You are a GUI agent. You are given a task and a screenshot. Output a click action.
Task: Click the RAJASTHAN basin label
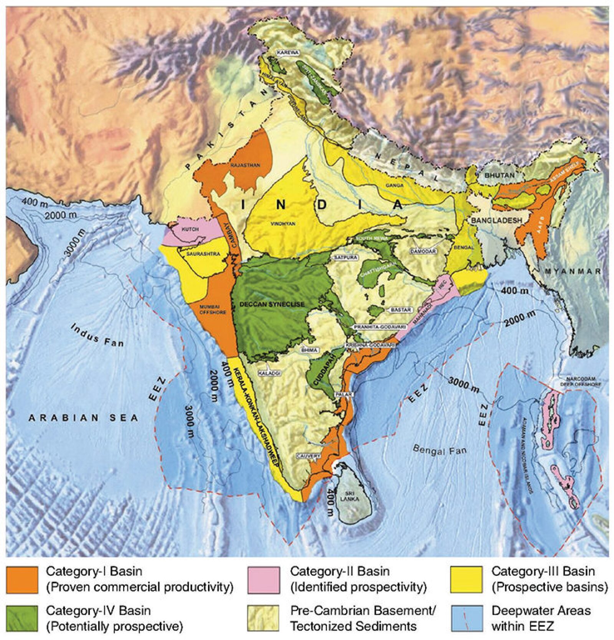tap(245, 165)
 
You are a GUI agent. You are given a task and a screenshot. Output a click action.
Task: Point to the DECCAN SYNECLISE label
tap(272, 304)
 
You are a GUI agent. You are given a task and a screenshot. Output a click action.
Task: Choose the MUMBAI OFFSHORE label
tap(213, 310)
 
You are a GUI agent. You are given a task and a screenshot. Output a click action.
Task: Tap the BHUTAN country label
tap(499, 175)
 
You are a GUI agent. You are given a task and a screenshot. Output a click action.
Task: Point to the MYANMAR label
tap(573, 271)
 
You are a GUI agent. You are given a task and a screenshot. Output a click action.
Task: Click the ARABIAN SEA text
tap(83, 418)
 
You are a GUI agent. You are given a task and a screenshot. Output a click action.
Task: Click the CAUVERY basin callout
tap(308, 456)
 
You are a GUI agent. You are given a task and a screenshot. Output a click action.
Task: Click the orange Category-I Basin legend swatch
tap(22, 580)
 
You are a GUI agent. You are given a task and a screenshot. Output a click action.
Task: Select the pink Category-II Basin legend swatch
tap(264, 580)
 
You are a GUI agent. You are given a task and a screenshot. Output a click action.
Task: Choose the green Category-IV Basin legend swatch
tap(22, 618)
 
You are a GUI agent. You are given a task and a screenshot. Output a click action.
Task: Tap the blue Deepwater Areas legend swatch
tap(467, 618)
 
